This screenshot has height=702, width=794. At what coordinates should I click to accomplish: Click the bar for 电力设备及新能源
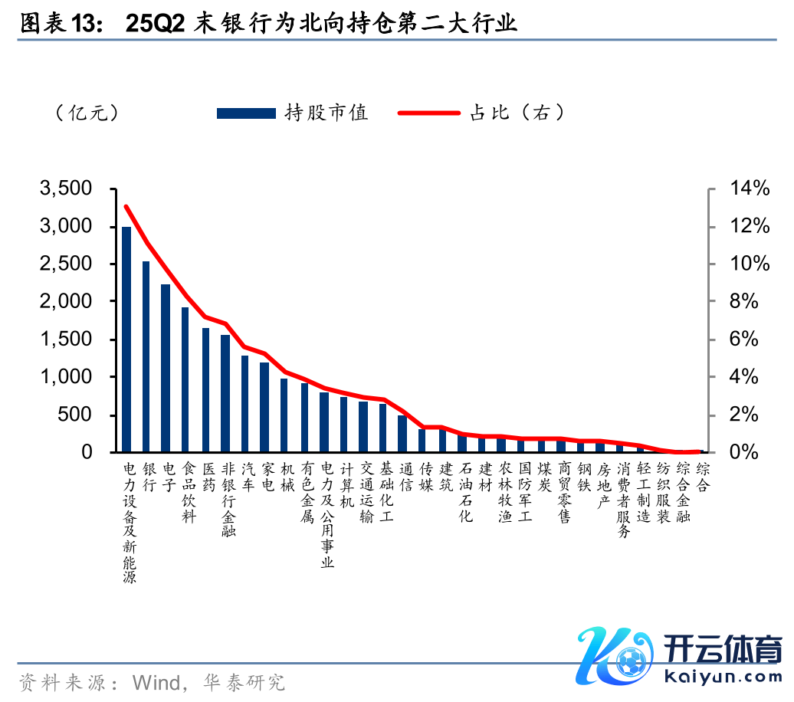(126, 340)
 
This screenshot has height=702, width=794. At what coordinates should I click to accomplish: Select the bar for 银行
(146, 357)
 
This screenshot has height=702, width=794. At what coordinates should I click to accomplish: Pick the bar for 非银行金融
(225, 394)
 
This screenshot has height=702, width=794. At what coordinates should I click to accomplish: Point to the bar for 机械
(284, 415)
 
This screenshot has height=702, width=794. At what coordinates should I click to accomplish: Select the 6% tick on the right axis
(748, 340)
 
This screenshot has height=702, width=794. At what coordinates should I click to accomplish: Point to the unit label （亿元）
(87, 113)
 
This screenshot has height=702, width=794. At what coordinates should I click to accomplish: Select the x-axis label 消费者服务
(624, 500)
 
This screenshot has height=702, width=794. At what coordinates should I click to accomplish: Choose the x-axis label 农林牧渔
(505, 492)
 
